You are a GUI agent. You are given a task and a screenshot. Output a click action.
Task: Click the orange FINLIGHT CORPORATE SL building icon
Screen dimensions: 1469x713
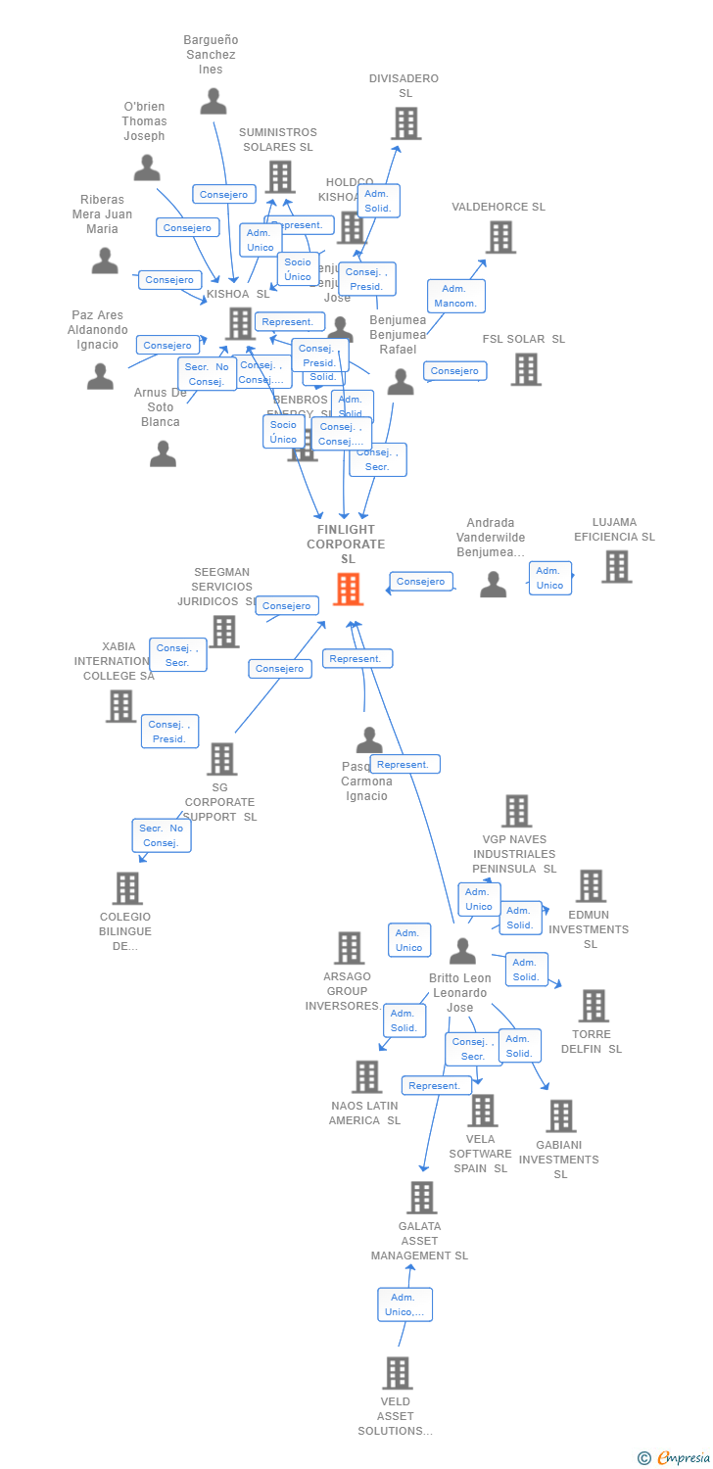click(348, 590)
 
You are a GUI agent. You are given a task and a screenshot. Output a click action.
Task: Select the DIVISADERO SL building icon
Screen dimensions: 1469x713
click(405, 124)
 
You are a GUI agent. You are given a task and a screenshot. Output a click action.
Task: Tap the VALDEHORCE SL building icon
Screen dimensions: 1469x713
click(500, 237)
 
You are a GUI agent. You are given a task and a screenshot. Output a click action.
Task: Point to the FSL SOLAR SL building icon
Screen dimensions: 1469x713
click(526, 369)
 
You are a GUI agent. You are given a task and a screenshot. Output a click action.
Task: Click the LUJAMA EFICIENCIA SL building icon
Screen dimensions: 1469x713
click(616, 567)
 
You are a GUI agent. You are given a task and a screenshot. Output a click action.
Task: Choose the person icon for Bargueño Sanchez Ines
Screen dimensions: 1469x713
click(213, 101)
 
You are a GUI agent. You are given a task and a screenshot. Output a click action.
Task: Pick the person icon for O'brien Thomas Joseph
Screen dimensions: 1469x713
click(147, 167)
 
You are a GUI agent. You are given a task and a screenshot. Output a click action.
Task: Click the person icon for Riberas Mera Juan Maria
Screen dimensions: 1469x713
click(105, 261)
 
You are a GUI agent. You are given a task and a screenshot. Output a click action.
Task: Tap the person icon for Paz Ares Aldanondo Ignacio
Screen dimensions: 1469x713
click(100, 376)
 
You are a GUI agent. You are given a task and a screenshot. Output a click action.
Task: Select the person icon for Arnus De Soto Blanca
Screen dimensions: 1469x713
click(163, 453)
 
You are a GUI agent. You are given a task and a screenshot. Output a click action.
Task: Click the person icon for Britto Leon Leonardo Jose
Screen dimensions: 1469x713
click(462, 951)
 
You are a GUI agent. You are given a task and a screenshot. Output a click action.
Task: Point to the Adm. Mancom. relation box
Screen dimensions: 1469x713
click(455, 296)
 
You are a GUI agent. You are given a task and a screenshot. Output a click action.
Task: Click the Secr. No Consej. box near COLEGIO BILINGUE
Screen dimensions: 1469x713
click(162, 835)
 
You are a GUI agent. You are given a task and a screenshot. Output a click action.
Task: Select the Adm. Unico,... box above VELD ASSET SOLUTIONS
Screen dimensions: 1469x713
click(404, 1304)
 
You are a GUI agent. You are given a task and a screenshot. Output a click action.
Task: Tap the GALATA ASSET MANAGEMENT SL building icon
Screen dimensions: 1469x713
click(421, 1198)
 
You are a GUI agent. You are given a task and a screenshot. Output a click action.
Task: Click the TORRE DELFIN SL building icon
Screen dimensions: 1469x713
click(593, 1006)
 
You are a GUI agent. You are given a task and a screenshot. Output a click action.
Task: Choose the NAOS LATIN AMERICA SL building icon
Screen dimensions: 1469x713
click(366, 1077)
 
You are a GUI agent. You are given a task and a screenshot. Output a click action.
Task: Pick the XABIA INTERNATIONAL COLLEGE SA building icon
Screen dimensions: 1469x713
click(120, 706)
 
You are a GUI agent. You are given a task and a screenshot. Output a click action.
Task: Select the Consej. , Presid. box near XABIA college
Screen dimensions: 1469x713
click(169, 732)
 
